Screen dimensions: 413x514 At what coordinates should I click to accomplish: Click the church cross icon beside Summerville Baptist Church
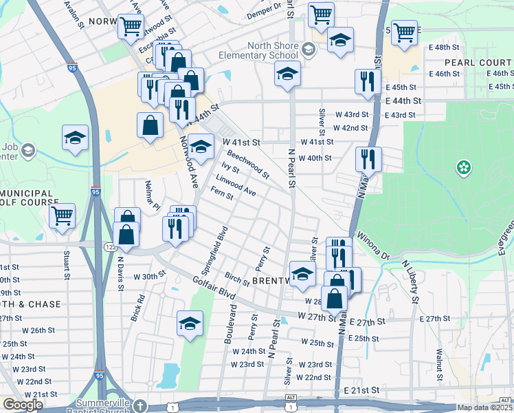coord(140,405)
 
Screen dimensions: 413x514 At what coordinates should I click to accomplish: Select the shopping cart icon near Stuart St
coord(63,215)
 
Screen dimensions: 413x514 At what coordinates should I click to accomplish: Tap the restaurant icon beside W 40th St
coord(368,159)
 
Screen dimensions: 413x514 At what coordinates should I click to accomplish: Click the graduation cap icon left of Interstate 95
coord(75,138)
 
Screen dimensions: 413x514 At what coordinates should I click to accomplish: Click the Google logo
coord(22,405)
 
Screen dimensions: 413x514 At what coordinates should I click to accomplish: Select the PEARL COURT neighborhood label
coord(478,62)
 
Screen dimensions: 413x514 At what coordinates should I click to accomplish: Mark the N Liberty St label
coord(410,281)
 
